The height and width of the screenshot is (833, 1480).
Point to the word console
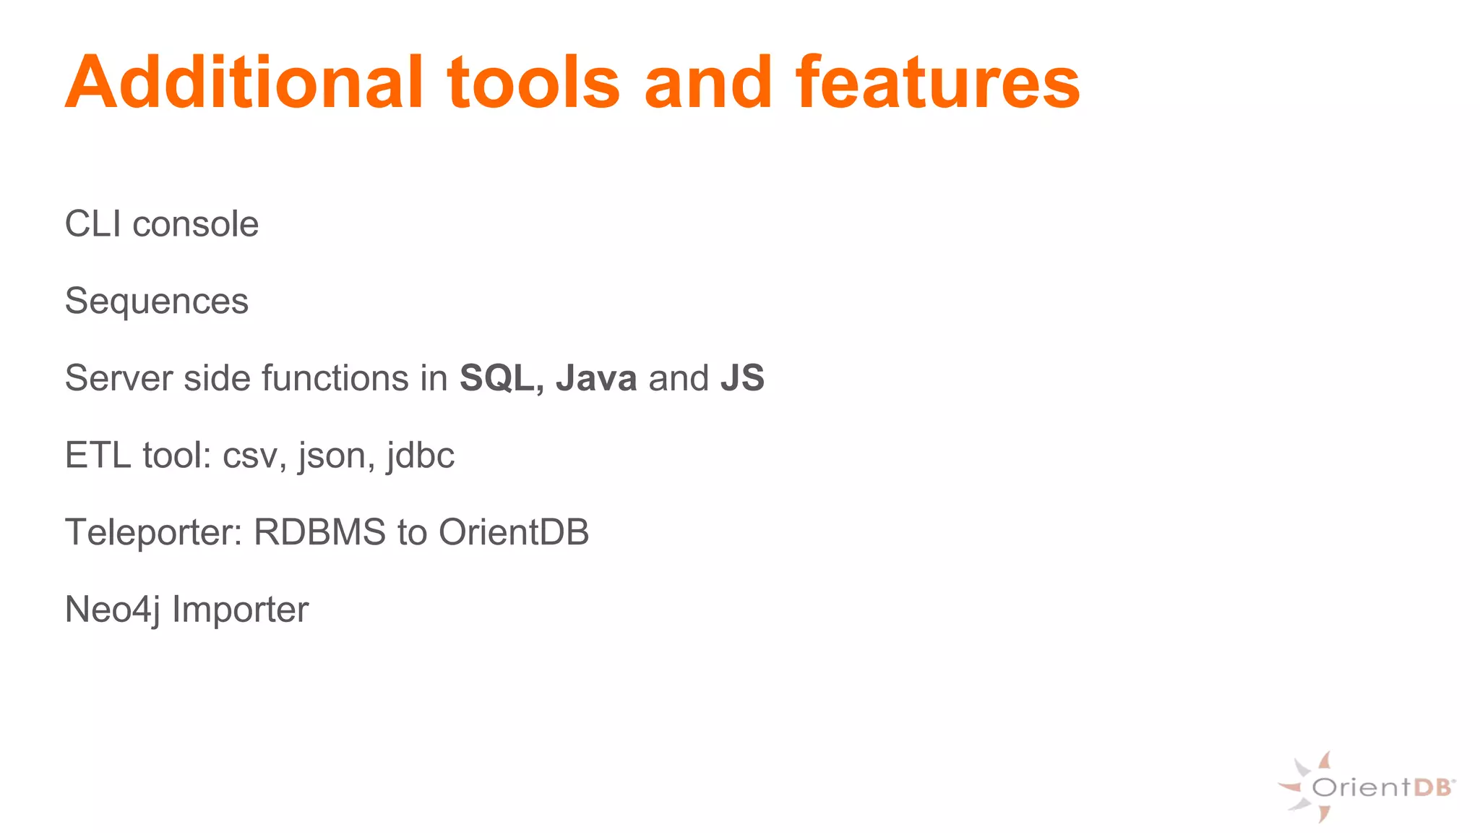195,224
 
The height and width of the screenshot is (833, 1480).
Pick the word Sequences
156,302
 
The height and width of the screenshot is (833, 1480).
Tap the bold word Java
596,378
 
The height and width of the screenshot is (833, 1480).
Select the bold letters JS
742,378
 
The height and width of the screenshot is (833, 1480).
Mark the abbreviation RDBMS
319,533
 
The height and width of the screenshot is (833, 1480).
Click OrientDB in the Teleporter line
514,533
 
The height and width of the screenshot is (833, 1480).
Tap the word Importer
240,610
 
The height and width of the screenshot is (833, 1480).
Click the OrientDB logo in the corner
1366,787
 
